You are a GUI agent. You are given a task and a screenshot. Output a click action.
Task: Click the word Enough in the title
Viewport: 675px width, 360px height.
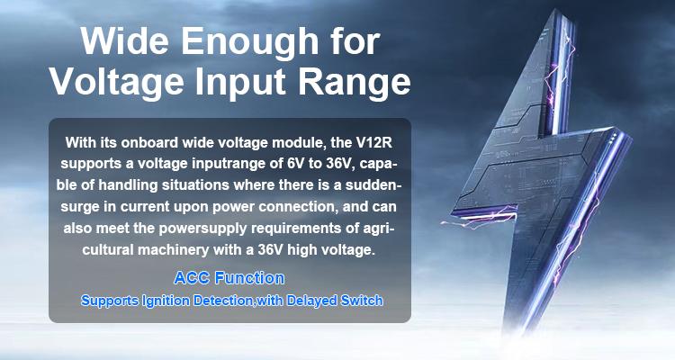tap(249, 41)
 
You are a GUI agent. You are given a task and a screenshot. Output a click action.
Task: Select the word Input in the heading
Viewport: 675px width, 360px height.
tap(240, 82)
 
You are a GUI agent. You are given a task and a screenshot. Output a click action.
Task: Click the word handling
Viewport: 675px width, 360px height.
tap(128, 185)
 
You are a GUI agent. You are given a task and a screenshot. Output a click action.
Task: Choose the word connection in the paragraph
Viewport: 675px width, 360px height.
tap(297, 207)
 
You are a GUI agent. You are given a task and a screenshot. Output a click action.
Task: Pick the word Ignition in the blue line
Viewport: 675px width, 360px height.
tap(166, 300)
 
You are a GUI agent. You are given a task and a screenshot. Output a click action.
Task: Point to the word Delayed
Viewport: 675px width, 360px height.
tap(311, 300)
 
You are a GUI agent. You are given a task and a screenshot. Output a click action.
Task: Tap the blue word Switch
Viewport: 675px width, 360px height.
tap(362, 300)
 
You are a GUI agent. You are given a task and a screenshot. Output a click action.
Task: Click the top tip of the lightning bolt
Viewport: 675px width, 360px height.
tap(561, 10)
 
